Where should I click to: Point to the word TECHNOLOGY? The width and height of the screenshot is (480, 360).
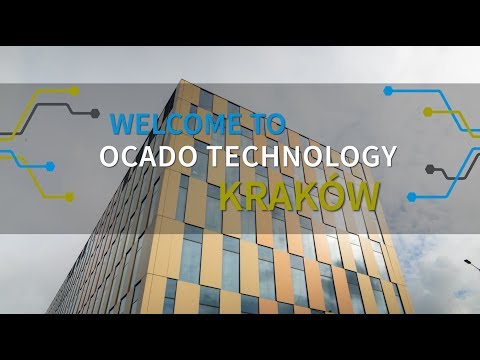coord(299,158)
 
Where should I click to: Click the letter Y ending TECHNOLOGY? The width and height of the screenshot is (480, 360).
coord(388,158)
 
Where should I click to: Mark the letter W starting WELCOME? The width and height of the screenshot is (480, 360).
coord(122,124)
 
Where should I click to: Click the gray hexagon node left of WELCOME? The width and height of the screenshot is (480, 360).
coord(94,112)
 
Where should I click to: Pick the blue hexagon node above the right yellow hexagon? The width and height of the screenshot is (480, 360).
coord(389,91)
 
